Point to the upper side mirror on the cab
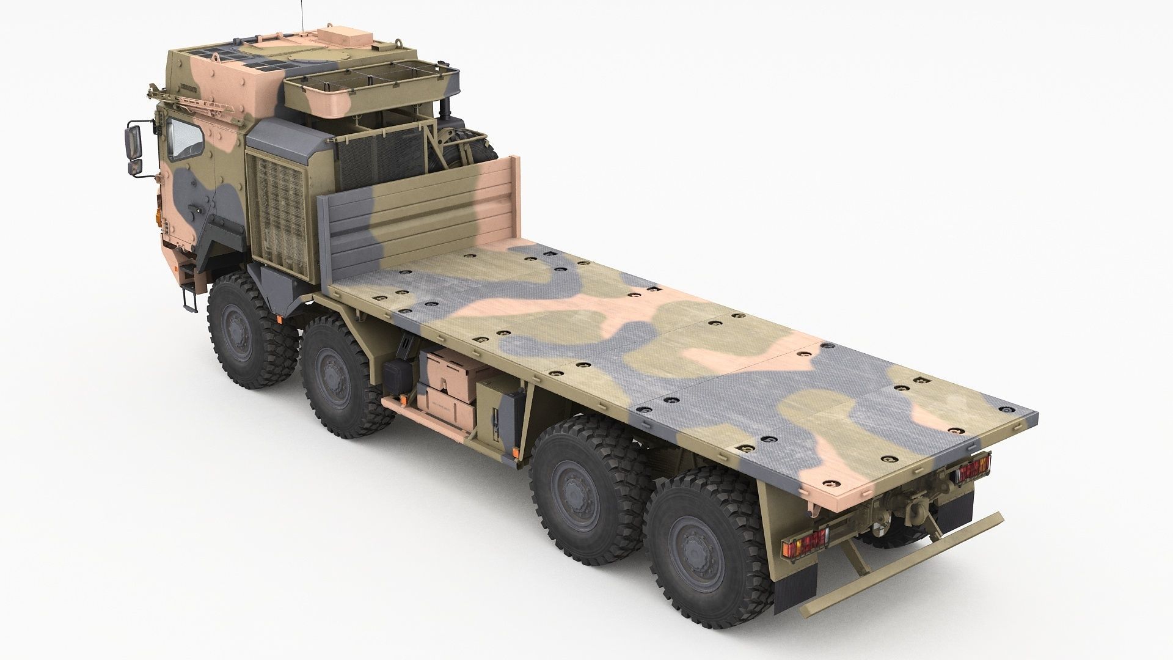tap(133, 139)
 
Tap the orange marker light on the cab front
tap(161, 217)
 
